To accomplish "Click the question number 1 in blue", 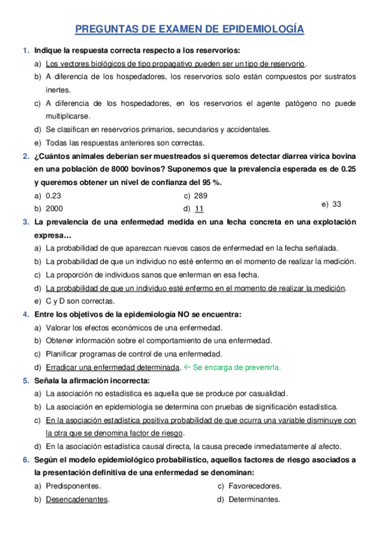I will [x=25, y=51].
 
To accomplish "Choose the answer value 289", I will [x=201, y=196].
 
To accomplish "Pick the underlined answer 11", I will [x=199, y=208].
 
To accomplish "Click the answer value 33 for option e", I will [x=337, y=204].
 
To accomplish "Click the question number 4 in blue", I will [x=25, y=314].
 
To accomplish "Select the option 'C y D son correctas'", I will [x=80, y=301].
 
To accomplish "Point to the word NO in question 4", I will [x=165, y=314].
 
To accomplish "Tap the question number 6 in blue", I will [x=25, y=460].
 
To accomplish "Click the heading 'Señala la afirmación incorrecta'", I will [x=92, y=381].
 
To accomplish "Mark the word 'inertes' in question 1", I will [x=58, y=90].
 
